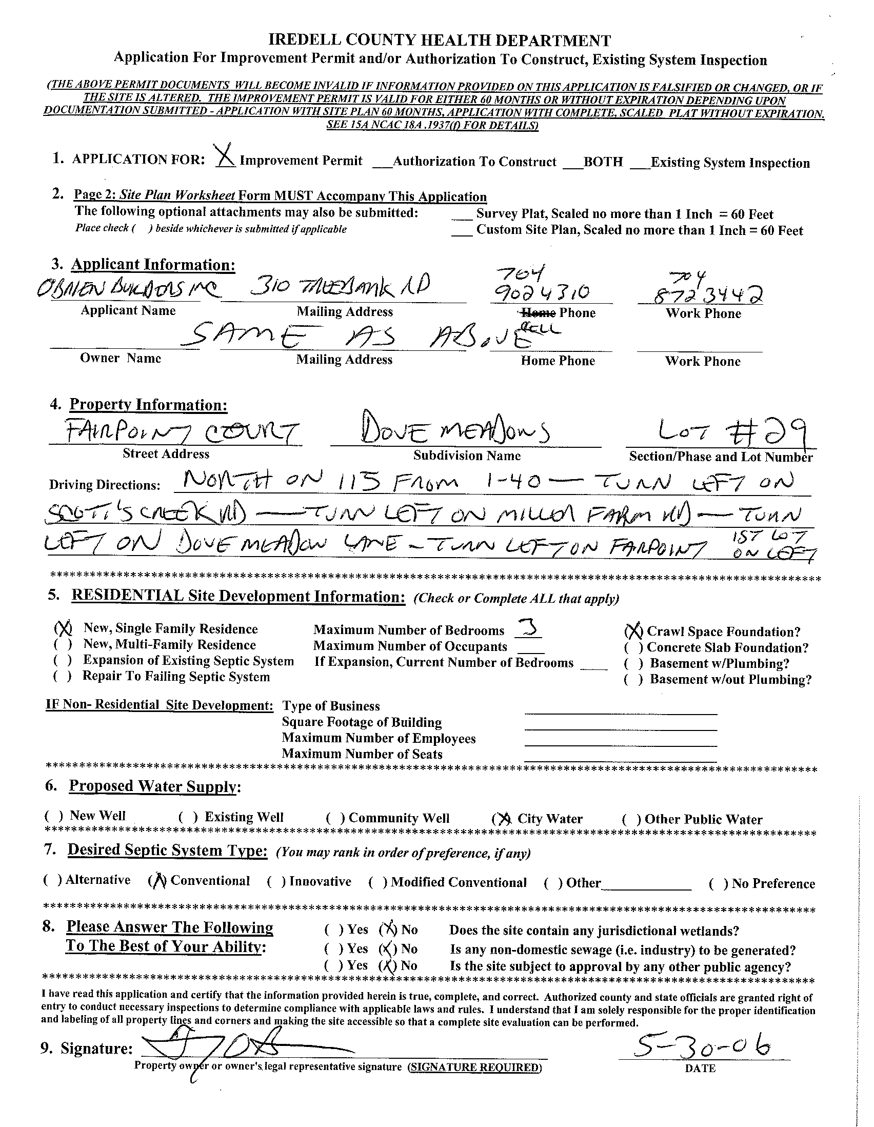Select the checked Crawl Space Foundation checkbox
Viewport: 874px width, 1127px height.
tap(633, 631)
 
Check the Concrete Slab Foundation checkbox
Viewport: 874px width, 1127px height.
tap(633, 647)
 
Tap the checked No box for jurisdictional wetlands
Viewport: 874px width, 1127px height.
tap(388, 930)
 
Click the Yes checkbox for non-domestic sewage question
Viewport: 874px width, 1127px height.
tap(333, 948)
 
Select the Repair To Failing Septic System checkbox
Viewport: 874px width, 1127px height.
tap(62, 677)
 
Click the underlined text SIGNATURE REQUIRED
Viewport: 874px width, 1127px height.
tap(474, 1067)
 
